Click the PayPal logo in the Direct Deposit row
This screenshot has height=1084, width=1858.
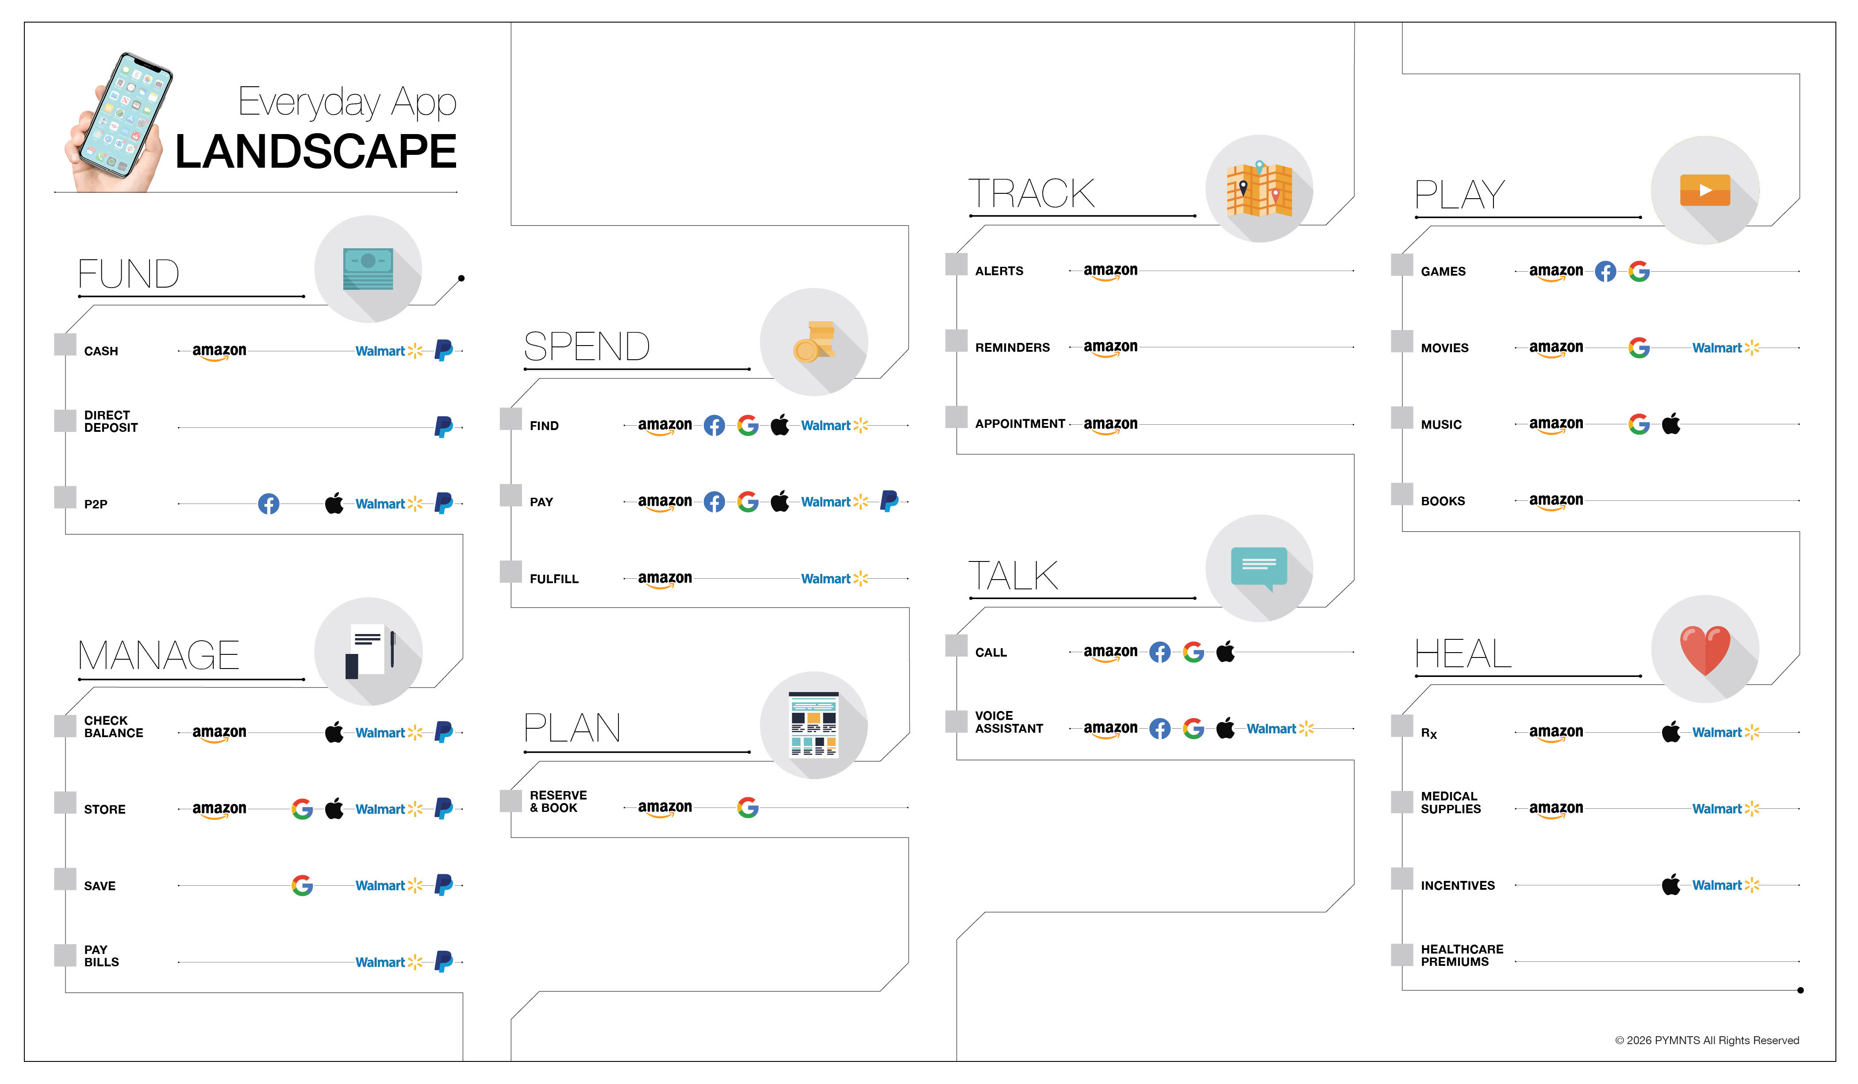coord(443,426)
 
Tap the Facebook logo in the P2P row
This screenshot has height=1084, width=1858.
coord(269,504)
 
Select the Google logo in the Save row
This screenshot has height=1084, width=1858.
coord(302,885)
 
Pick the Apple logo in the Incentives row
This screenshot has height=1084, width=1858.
coord(1671,884)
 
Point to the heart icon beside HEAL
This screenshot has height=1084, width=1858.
coord(1704,650)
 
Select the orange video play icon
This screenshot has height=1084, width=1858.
coord(1704,190)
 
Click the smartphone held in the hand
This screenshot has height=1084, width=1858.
coord(125,116)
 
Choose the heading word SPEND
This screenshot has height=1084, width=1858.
coord(586,346)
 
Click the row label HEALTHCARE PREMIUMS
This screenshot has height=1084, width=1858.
coord(1461,956)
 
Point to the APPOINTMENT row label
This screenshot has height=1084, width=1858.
coord(1020,424)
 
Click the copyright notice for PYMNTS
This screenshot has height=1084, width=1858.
coord(1706,1041)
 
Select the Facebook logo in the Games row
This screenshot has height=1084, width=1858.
coord(1605,271)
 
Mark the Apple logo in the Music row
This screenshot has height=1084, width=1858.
coord(1671,424)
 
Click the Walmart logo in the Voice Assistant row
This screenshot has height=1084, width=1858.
coord(1279,729)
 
